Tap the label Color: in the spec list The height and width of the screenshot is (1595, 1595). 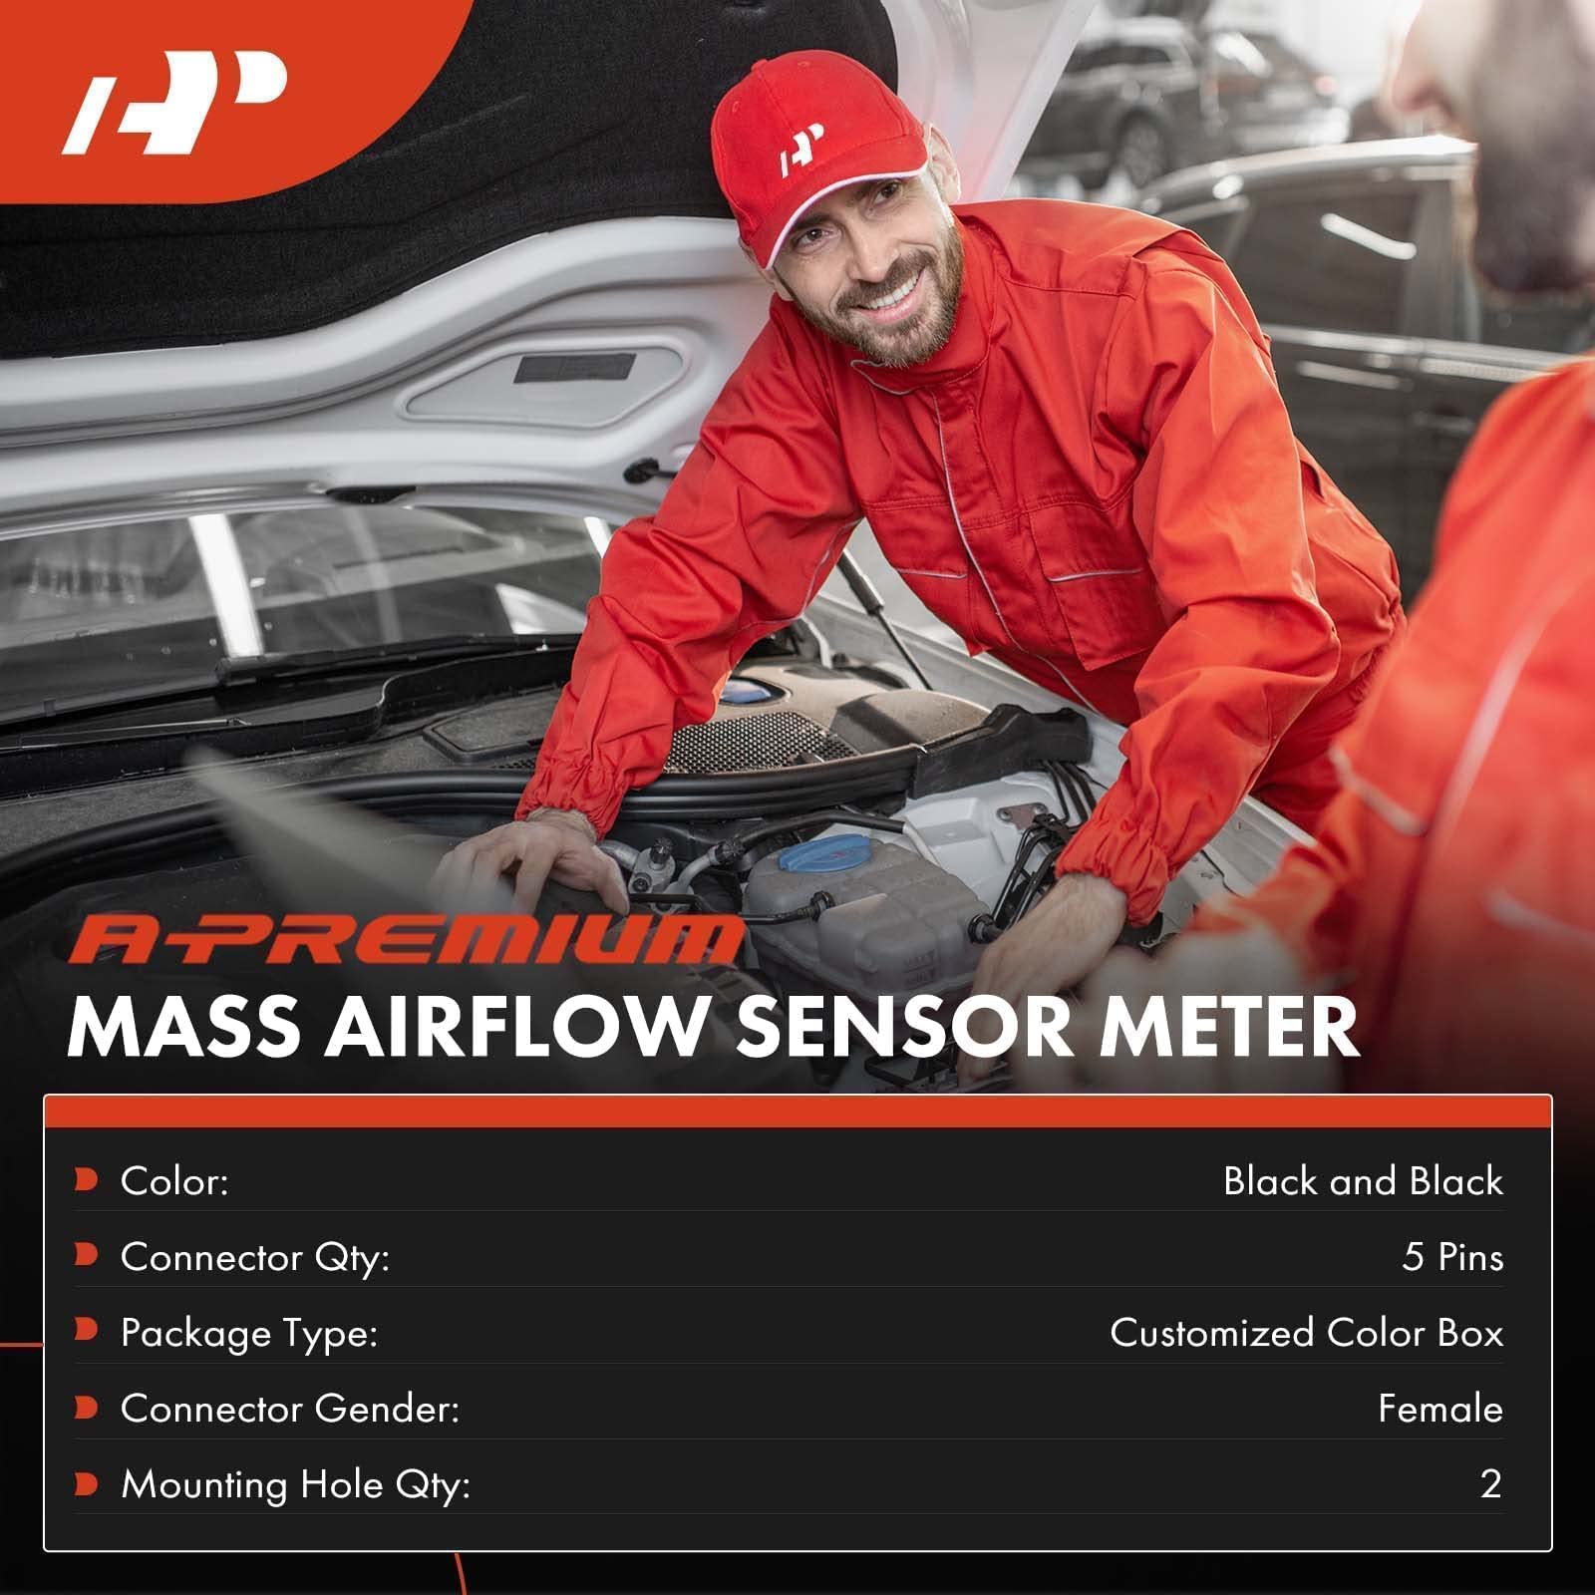(174, 1181)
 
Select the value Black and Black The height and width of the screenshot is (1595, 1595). (1363, 1181)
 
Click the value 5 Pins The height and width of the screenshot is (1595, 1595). (1452, 1257)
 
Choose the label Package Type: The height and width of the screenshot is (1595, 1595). (249, 1333)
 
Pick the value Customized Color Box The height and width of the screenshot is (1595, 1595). (1306, 1333)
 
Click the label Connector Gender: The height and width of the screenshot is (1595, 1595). (290, 1409)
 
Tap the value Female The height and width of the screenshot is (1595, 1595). (1439, 1409)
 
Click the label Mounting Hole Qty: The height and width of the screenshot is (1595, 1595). (295, 1484)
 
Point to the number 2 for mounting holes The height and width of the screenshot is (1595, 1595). (1490, 1484)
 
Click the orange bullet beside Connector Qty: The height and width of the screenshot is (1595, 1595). (87, 1255)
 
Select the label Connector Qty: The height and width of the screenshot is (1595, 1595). (254, 1257)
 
